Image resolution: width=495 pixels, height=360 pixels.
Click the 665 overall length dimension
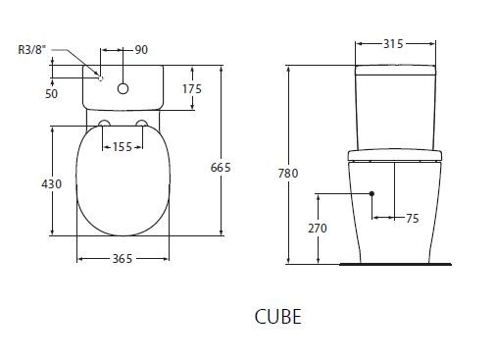[x=221, y=168]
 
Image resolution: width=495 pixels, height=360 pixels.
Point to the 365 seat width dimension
[x=122, y=258]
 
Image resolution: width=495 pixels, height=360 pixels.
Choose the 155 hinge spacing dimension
[x=123, y=146]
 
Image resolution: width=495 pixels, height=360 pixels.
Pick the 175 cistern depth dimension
[x=191, y=88]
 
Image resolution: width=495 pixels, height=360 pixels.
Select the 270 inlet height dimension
[x=318, y=228]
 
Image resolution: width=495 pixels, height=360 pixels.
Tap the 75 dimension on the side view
[x=411, y=219]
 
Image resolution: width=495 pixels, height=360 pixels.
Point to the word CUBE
[x=277, y=317]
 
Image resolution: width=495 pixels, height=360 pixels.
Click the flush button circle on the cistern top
[x=123, y=89]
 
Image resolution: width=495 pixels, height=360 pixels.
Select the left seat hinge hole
[x=104, y=124]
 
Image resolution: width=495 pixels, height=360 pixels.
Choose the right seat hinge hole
[x=142, y=124]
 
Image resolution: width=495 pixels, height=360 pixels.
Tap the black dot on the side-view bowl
[x=372, y=193]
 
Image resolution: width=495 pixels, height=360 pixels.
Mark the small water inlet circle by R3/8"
[x=100, y=77]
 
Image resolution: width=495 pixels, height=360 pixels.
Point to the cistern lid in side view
[x=395, y=70]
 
